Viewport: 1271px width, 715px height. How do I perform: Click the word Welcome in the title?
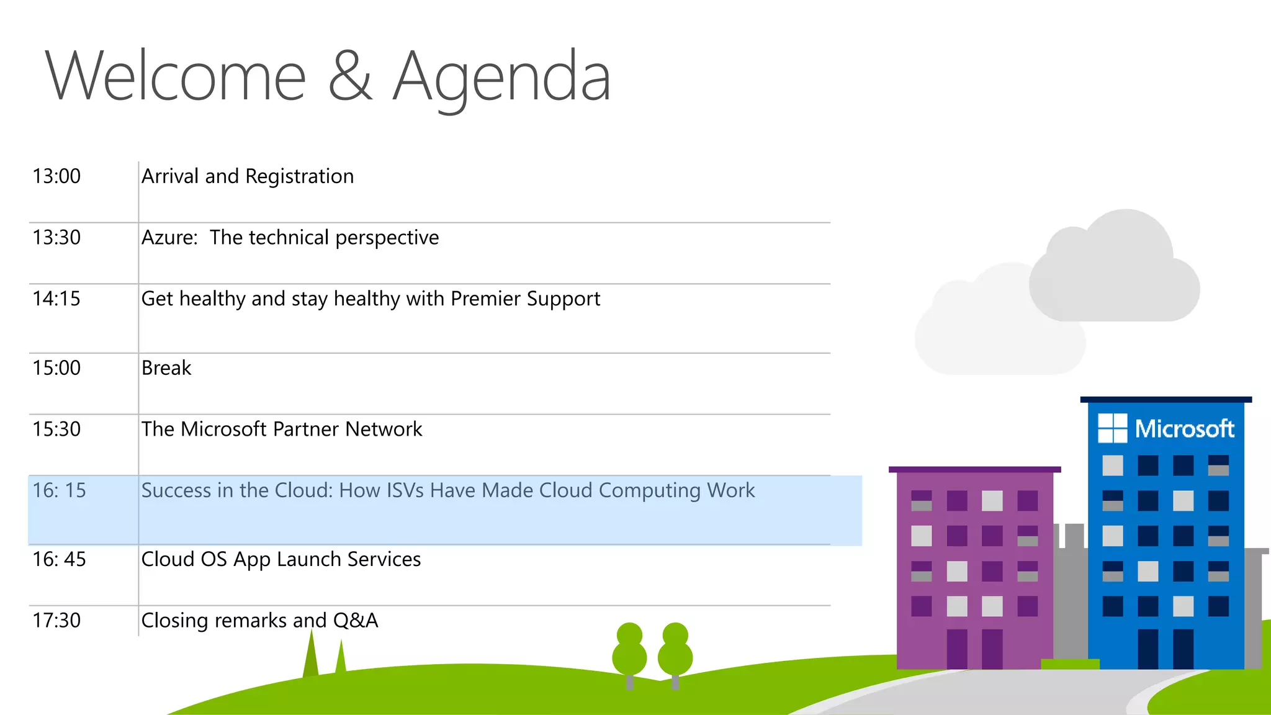(x=176, y=77)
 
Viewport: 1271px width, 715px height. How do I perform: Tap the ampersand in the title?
(x=349, y=77)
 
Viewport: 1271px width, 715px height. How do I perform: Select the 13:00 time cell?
(x=56, y=176)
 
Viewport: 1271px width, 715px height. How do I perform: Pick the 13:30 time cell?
(x=56, y=238)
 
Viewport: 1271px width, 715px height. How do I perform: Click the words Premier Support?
(x=525, y=299)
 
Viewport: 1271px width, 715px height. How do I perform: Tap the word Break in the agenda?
(x=166, y=368)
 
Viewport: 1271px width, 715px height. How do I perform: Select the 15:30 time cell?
(x=56, y=429)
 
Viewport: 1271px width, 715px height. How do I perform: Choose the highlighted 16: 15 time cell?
(x=59, y=491)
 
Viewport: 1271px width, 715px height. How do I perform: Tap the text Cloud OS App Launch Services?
(x=281, y=559)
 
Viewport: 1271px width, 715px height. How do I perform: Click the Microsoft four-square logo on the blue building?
(x=1112, y=428)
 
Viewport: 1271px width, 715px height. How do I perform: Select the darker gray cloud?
(x=1115, y=273)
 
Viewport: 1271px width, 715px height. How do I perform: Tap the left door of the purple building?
(x=956, y=649)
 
